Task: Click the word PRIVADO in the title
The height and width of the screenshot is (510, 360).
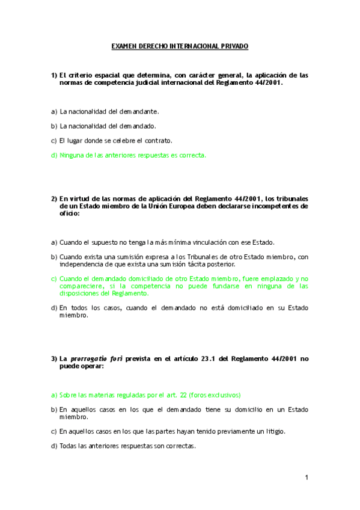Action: pyautogui.click(x=235, y=46)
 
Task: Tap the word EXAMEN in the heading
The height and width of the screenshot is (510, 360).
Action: pyautogui.click(x=124, y=46)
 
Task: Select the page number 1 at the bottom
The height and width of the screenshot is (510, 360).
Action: pyautogui.click(x=306, y=478)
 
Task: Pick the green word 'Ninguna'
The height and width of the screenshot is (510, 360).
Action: pyautogui.click(x=72, y=155)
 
